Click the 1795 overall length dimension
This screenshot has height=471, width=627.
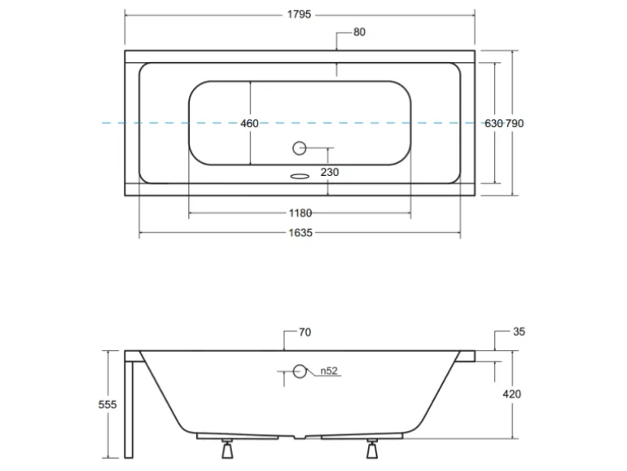[x=299, y=15]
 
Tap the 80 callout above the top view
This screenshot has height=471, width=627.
[x=359, y=32]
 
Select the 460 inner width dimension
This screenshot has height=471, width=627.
[x=249, y=123]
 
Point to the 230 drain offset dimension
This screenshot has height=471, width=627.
[x=330, y=172]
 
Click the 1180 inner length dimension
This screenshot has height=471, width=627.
[x=300, y=213]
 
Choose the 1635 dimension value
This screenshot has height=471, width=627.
[x=300, y=232]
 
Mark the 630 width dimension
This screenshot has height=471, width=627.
[x=493, y=123]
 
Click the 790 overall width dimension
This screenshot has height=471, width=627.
[x=515, y=123]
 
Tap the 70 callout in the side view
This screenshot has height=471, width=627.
[x=305, y=332]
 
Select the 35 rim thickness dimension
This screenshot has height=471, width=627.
[x=519, y=332]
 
